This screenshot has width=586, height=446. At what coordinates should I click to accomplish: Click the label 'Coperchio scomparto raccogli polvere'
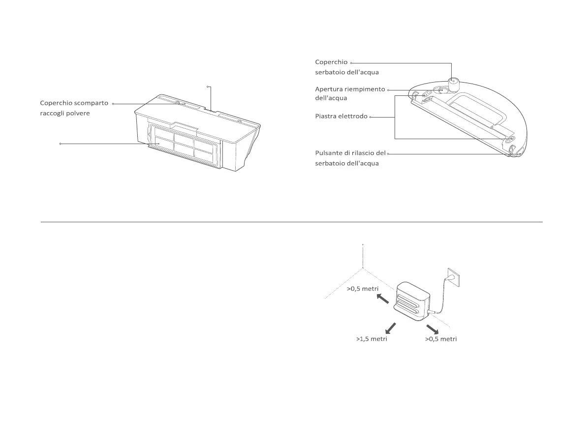pyautogui.click(x=74, y=108)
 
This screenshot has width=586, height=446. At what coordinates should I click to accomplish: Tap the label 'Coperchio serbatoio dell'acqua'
pyautogui.click(x=346, y=67)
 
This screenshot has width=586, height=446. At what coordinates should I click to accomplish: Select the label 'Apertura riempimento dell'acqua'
pyautogui.click(x=350, y=93)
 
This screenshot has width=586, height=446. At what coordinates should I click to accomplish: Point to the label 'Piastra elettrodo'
pyautogui.click(x=341, y=117)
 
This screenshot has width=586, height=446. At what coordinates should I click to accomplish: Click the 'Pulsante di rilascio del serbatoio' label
pyautogui.click(x=350, y=158)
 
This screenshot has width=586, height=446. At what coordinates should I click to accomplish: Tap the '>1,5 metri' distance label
pyautogui.click(x=371, y=339)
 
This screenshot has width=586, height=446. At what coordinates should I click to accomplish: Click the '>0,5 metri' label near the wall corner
pyautogui.click(x=363, y=289)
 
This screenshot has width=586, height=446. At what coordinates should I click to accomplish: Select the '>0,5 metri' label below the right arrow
pyautogui.click(x=441, y=339)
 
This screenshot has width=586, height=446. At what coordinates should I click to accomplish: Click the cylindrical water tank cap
pyautogui.click(x=453, y=85)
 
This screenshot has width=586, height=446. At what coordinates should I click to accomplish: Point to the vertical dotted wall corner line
pyautogui.click(x=363, y=256)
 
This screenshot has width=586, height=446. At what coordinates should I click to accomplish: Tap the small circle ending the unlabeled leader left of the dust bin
pyautogui.click(x=60, y=144)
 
